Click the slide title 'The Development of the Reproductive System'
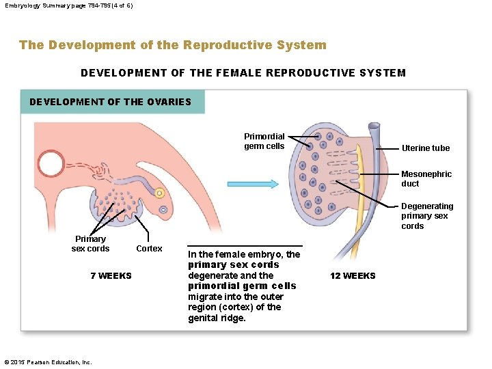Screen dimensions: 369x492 point(173,45)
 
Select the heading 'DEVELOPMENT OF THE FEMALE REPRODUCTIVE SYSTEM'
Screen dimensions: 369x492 point(243,73)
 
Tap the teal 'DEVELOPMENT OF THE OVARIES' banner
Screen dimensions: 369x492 point(111,102)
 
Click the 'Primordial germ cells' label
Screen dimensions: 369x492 point(264,141)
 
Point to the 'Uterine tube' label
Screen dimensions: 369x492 point(426,148)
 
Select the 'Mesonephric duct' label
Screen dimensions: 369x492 point(426,179)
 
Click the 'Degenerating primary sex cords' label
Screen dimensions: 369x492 point(427,216)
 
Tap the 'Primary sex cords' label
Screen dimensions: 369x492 point(90,244)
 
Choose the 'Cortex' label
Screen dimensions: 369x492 point(149,249)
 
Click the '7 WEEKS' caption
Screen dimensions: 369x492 point(111,276)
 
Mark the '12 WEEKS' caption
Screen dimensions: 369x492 point(353,276)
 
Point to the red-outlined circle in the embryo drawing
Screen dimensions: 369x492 point(51,164)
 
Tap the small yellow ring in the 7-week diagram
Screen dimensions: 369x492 point(159,194)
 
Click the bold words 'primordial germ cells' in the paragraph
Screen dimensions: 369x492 point(242,286)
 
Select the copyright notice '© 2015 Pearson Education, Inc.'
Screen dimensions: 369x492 point(48,362)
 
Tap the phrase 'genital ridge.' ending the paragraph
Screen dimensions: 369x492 point(217,318)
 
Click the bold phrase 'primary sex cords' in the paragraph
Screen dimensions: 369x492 point(234,265)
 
